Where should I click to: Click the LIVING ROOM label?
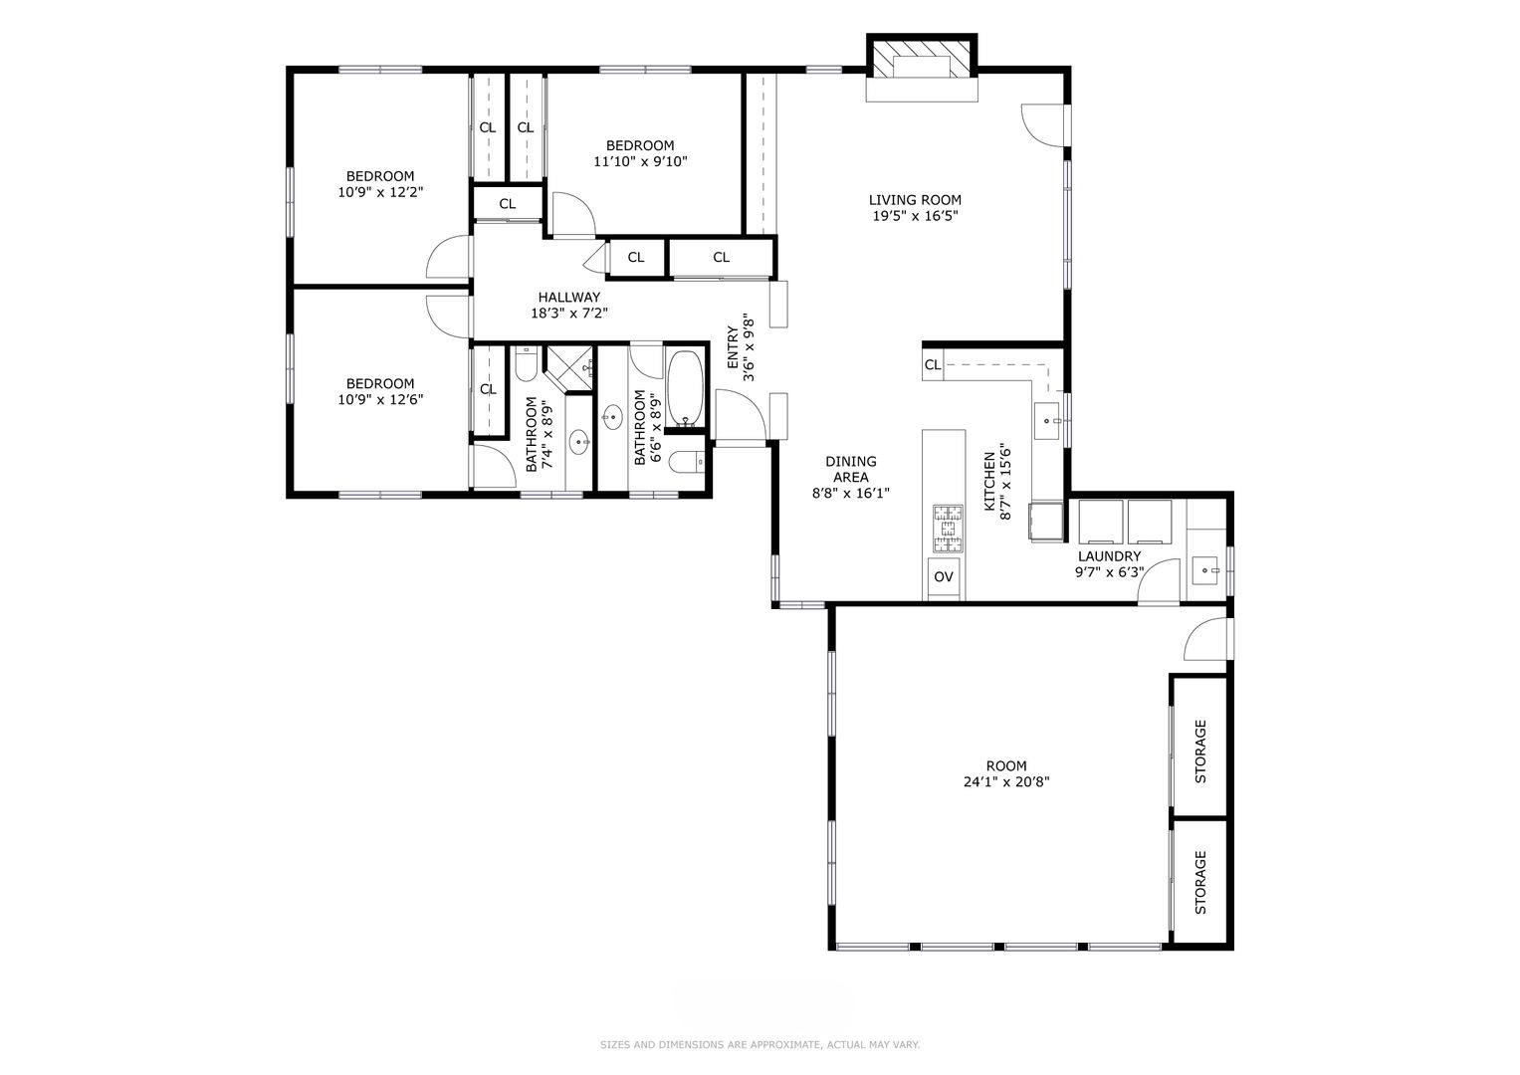(915, 199)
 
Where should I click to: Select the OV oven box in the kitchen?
(944, 577)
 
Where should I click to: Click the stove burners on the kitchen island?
(948, 528)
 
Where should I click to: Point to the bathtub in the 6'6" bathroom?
(685, 388)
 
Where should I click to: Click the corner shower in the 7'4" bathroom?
(569, 368)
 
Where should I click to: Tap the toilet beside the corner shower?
(526, 363)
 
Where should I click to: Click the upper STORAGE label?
(1200, 752)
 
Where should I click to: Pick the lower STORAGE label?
(1200, 882)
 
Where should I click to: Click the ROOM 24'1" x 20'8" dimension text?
(1006, 781)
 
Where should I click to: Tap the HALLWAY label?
(569, 297)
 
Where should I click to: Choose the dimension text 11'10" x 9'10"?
(641, 161)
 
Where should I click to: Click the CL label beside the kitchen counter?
(933, 364)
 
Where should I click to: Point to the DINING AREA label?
(851, 469)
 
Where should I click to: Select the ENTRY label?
(733, 346)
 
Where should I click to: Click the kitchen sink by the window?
(1046, 421)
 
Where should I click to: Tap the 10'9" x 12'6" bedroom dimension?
(380, 400)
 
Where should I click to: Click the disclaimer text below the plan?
(760, 1044)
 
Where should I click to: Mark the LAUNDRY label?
(1110, 555)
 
